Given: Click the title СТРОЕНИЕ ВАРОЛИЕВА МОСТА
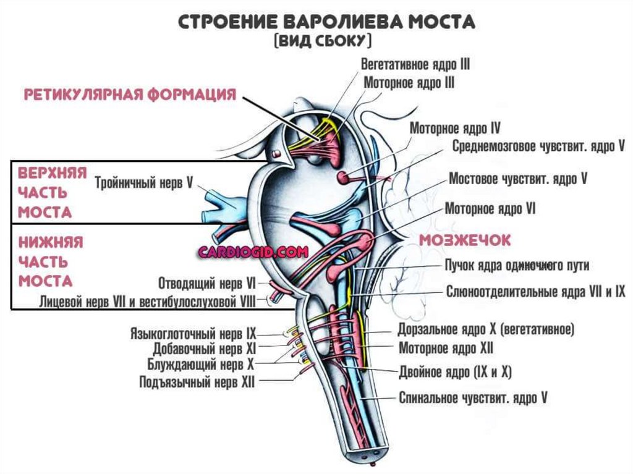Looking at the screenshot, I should point(326,22).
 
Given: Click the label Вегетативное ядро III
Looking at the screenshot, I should point(416,64).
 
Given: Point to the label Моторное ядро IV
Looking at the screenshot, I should point(454,129).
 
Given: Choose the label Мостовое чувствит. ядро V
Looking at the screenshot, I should point(517,179).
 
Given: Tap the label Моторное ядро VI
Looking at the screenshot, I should point(490,209).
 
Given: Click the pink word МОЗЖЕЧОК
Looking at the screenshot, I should point(465,240).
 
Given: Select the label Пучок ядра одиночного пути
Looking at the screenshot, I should point(517,266).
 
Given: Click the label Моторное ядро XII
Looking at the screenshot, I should point(446,349).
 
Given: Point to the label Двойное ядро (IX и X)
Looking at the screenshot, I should point(455,373).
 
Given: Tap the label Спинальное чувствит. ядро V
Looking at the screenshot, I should point(473,398).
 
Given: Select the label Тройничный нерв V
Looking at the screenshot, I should point(144,182).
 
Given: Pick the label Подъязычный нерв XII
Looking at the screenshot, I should point(197,383).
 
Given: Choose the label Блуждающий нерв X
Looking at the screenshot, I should point(200,365).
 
